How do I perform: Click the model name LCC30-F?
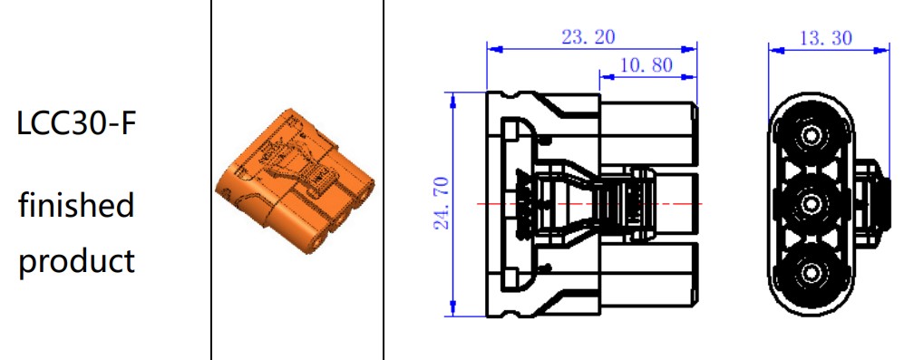[x=76, y=124]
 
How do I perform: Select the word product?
[x=76, y=261]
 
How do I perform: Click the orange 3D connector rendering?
[x=295, y=181]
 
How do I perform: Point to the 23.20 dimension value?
[x=588, y=36]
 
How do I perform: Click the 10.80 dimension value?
[x=646, y=64]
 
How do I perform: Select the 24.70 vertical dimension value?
[x=441, y=203]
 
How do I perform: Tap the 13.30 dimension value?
[x=825, y=38]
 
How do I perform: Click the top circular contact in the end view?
[x=811, y=136]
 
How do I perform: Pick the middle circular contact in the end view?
[x=811, y=204]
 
